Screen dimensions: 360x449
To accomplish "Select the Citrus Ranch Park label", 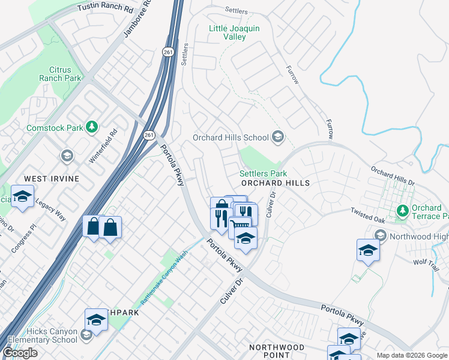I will [x=60, y=74].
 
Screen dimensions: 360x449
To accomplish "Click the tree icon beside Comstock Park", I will [x=91, y=127].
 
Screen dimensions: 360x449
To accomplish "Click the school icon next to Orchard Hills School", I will [x=277, y=137].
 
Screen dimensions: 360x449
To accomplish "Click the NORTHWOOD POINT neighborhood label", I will [x=277, y=352].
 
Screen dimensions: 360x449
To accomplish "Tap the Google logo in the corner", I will [x=20, y=353].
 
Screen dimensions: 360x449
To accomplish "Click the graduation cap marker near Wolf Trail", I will [x=368, y=250].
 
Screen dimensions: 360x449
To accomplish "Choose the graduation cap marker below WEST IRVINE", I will [x=23, y=197].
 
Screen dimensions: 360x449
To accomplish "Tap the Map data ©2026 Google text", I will [x=411, y=355].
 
